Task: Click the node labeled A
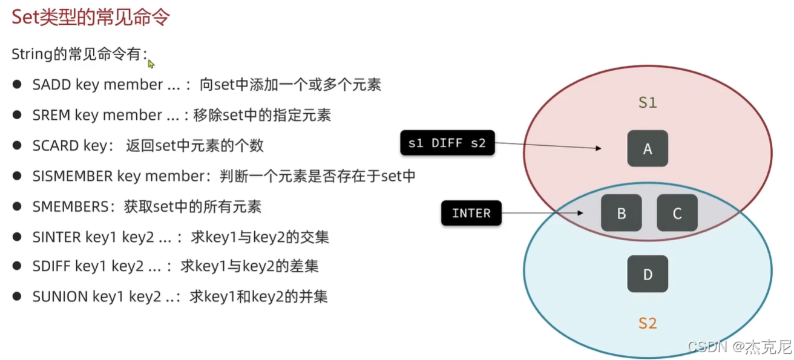point(648,148)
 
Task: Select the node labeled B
point(621,213)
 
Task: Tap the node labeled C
point(677,213)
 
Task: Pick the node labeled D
point(648,274)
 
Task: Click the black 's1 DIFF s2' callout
point(447,143)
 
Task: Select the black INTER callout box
point(471,213)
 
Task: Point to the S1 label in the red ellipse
point(648,103)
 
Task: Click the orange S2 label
point(648,323)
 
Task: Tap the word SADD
point(51,85)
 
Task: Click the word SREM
point(51,115)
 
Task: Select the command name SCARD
point(56,146)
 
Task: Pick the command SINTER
point(56,237)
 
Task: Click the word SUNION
point(60,297)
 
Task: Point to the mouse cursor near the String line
point(151,64)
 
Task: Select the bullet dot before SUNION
point(18,297)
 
